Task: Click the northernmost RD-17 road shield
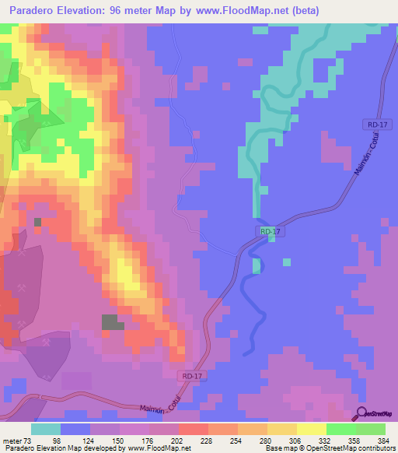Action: pyautogui.click(x=374, y=125)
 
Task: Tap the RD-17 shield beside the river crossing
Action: pyautogui.click(x=267, y=231)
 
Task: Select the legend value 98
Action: pyautogui.click(x=75, y=441)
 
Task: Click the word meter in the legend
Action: pyautogui.click(x=14, y=441)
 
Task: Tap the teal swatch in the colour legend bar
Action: pyautogui.click(x=46, y=429)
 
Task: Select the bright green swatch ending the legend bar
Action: pyautogui.click(x=371, y=429)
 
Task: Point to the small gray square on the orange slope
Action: pyautogui.click(x=37, y=223)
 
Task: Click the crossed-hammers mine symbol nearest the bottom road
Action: pyautogui.click(x=47, y=341)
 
